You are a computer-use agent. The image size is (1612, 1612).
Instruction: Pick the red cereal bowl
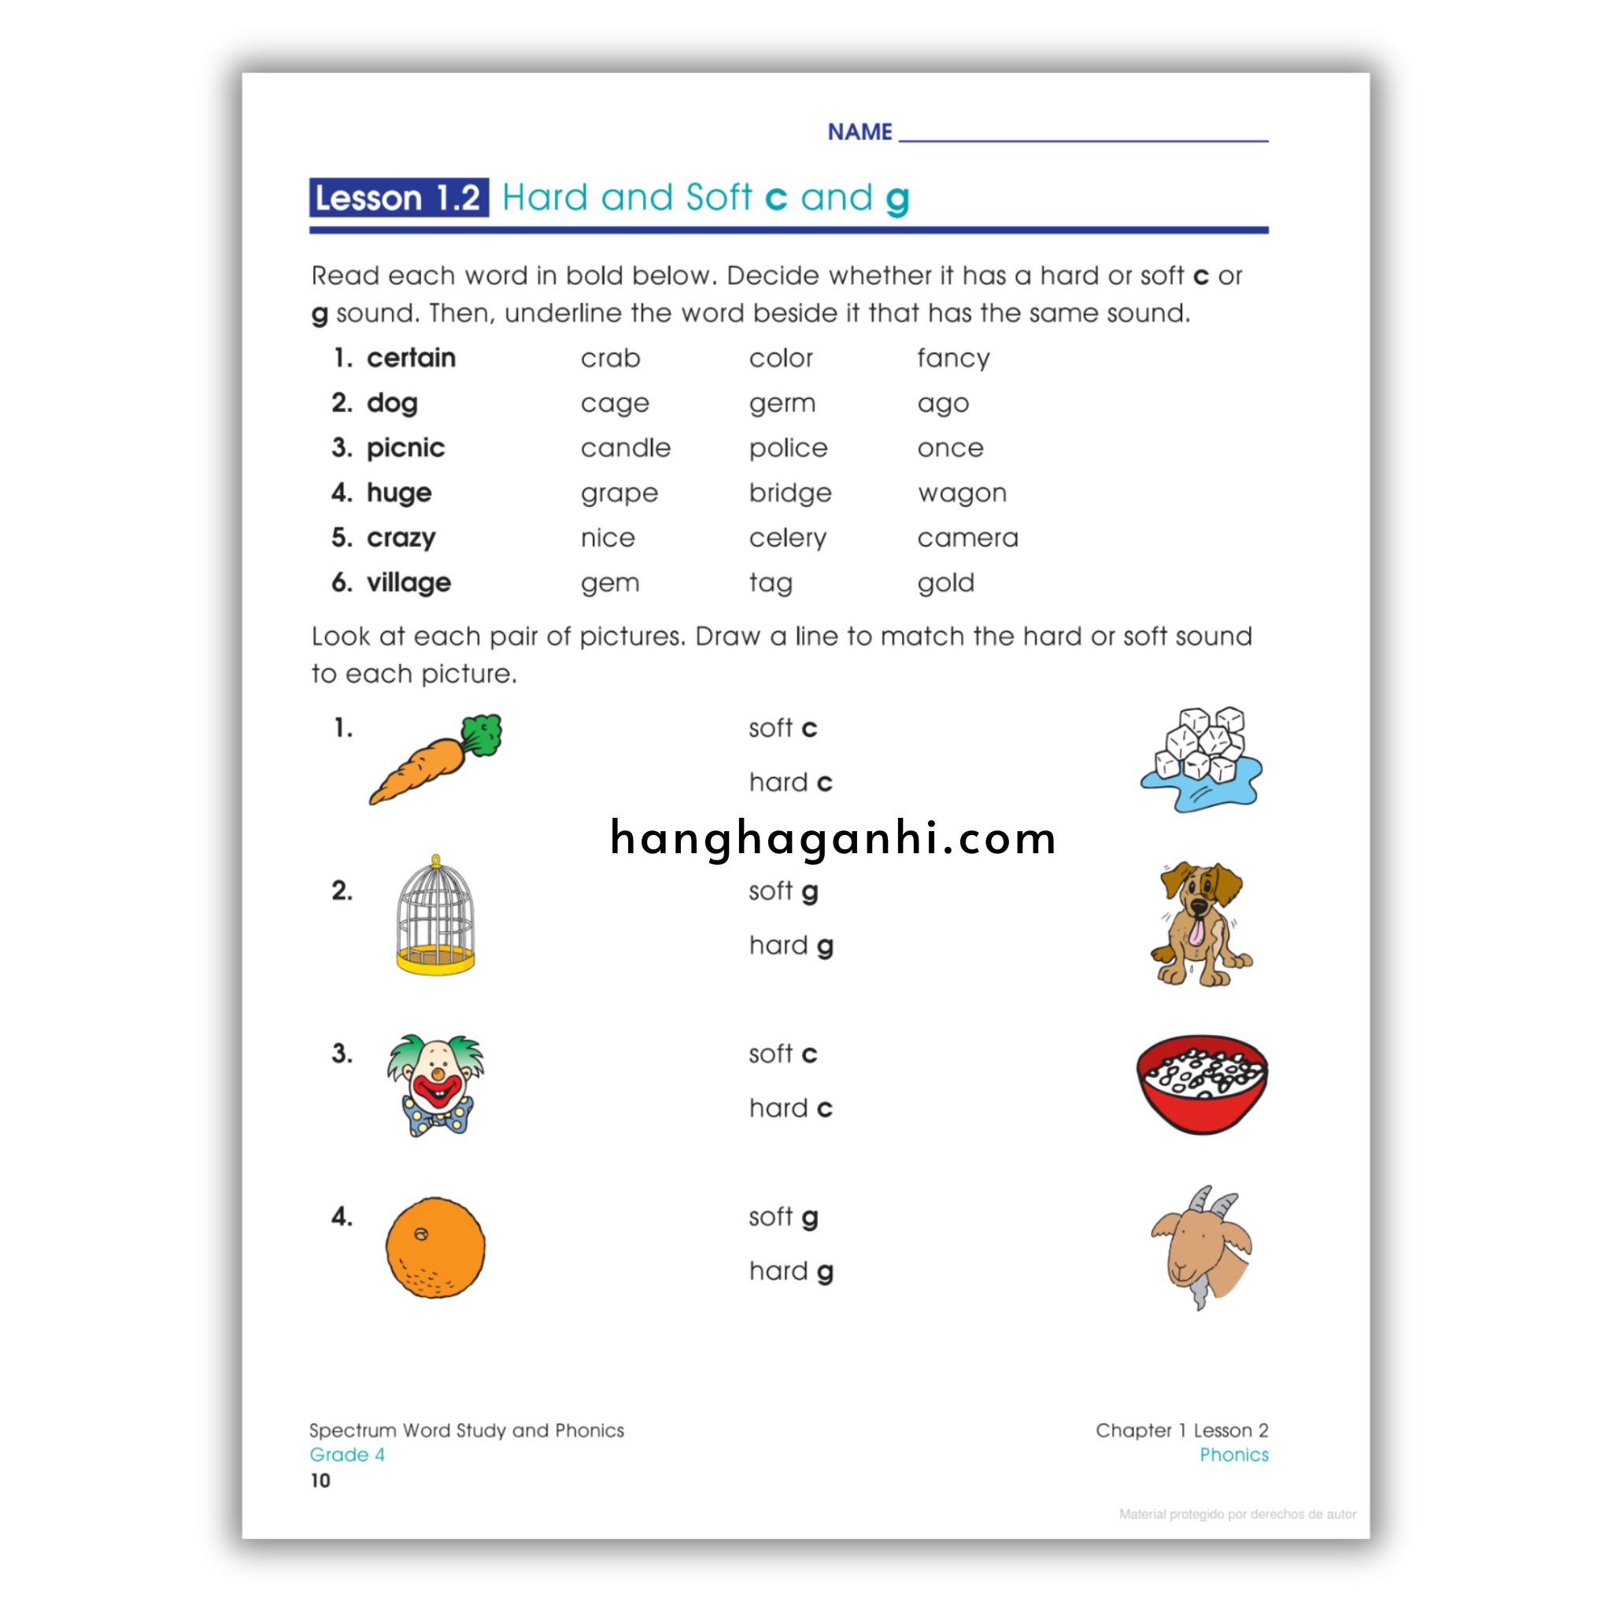click(x=1201, y=1085)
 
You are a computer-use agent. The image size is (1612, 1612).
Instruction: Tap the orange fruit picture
click(x=434, y=1248)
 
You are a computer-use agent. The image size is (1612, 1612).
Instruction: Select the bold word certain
click(x=411, y=358)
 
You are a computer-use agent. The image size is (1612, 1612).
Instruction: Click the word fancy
click(x=953, y=359)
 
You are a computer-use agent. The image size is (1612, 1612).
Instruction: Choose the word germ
click(x=782, y=404)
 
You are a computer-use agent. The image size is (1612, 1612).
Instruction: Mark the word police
click(x=788, y=448)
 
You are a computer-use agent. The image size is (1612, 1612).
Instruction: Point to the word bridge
click(x=789, y=493)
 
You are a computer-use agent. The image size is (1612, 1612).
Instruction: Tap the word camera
click(x=967, y=538)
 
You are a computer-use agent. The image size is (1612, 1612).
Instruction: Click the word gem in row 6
click(x=610, y=583)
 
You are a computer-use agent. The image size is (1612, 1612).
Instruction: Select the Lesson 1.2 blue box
click(x=398, y=198)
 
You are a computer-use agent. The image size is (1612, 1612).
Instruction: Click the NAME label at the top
click(x=860, y=131)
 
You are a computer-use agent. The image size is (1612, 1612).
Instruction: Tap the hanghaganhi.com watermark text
click(x=833, y=838)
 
